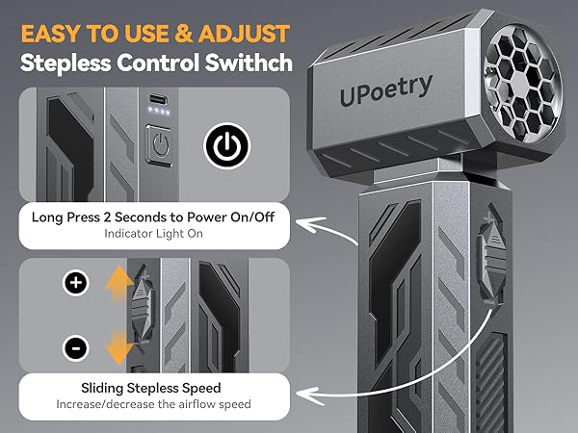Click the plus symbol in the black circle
76,283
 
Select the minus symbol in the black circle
76,346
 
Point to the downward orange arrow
118,344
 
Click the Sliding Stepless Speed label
152,387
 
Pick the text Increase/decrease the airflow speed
152,404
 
